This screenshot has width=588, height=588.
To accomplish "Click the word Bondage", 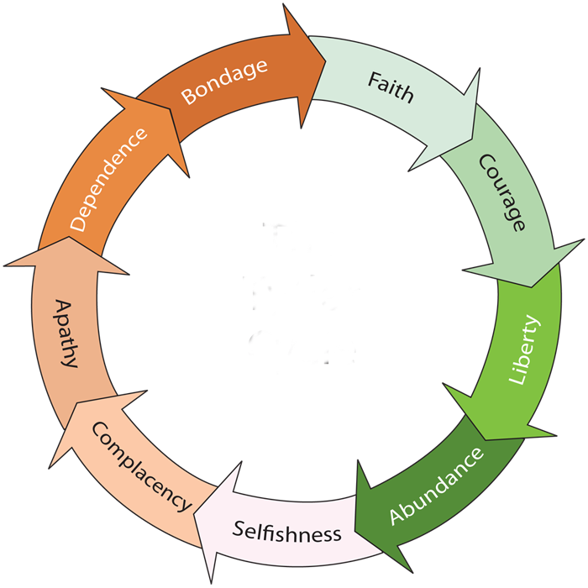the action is pos(224,81).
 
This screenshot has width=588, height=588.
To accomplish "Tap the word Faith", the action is pos(391,87).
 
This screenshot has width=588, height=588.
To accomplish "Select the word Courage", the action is pos(501,192).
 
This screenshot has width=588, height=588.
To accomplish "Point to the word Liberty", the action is pos(523,350).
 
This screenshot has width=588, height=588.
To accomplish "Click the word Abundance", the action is pos(437,486).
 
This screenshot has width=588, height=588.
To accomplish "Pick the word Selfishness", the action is pos(287,532).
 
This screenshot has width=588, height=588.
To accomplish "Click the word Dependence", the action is pos(108,180).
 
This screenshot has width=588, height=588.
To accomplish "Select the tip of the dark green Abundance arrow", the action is pos(354,532).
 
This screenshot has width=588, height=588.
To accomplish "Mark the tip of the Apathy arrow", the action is pos(69,237).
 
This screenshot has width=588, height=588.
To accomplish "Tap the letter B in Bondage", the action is pos(189,96).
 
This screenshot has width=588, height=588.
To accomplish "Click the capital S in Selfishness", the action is pos(238,528).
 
